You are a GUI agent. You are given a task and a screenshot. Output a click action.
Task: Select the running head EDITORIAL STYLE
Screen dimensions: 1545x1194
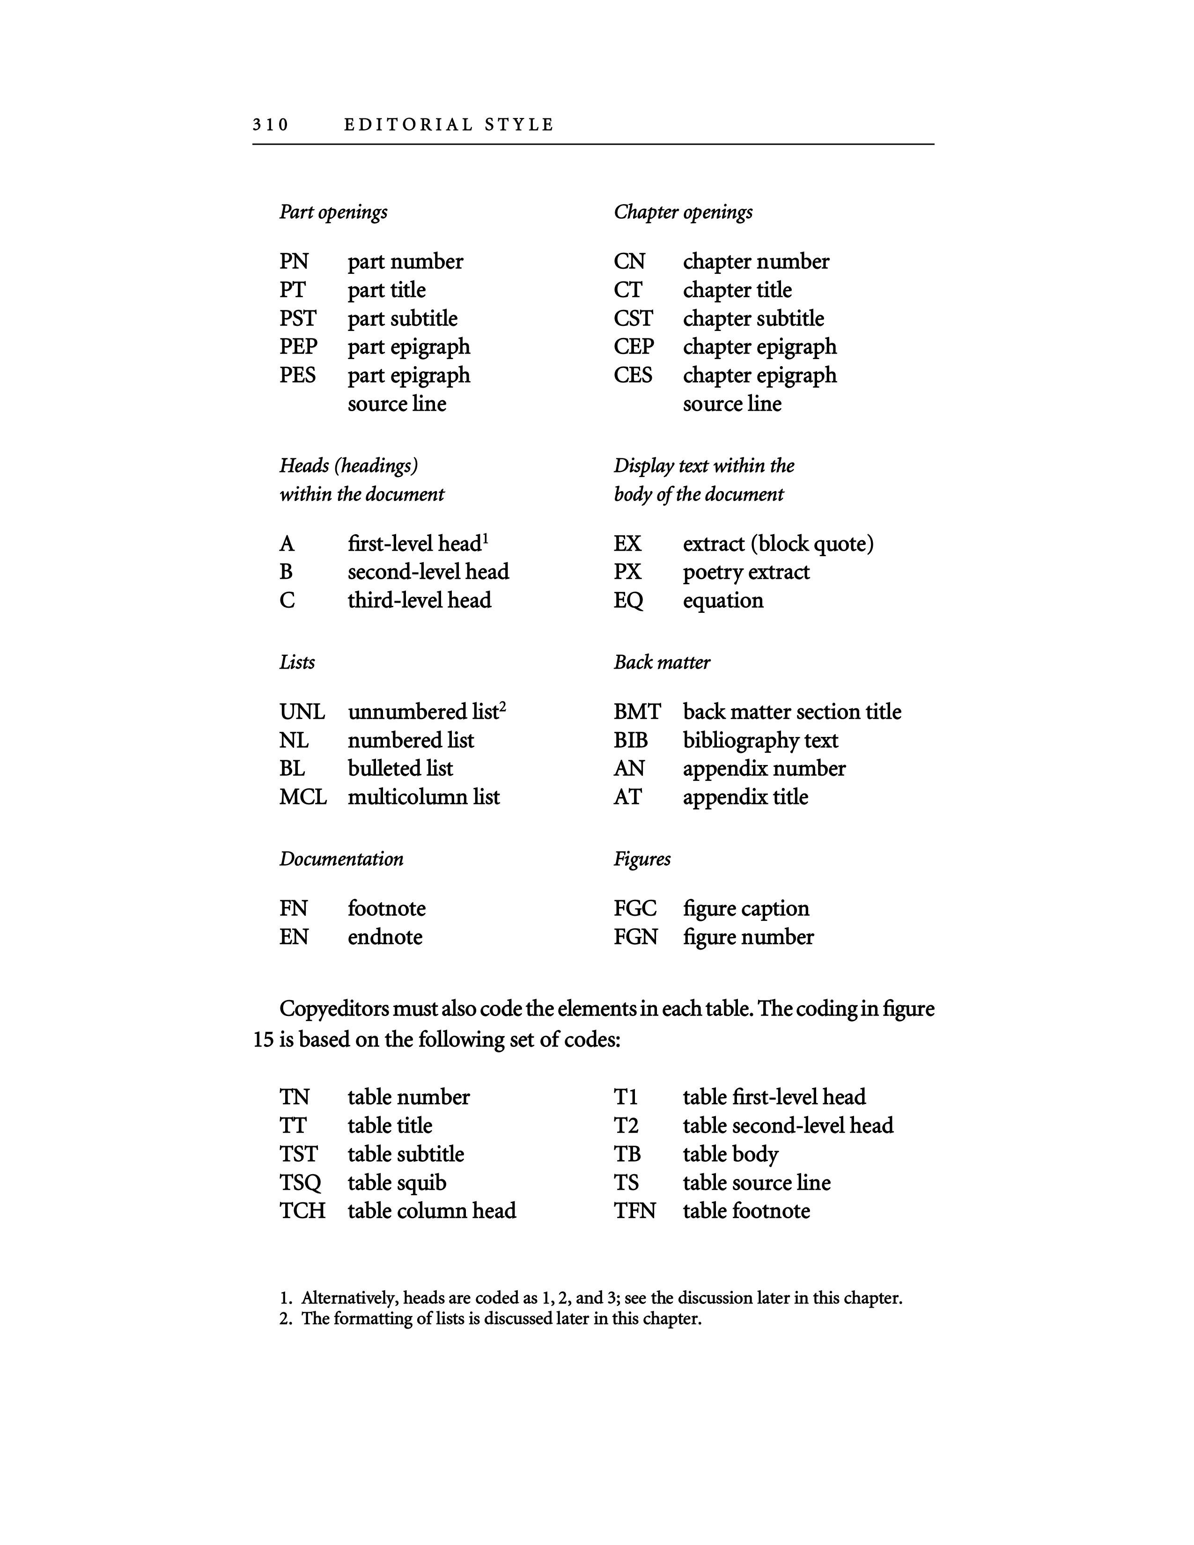449,125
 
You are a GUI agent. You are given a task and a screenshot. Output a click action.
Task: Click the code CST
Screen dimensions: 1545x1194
633,318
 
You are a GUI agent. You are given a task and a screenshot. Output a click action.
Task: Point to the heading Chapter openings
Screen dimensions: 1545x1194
683,212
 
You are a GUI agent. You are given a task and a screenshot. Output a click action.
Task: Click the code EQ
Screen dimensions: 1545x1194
628,601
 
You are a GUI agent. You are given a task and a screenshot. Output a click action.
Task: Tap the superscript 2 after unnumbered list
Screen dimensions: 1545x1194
502,706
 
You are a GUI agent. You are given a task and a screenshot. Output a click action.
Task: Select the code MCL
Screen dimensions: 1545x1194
303,797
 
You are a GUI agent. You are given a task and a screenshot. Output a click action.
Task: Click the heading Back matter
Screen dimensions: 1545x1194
661,662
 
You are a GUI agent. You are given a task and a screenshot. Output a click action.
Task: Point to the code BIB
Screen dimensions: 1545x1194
630,741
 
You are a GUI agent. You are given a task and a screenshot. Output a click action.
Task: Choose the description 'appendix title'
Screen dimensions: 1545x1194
745,797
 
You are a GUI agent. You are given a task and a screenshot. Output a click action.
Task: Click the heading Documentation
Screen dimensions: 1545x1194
341,859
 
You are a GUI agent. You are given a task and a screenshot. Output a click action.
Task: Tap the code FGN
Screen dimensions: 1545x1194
635,937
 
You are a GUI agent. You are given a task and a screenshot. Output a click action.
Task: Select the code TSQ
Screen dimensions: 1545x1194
300,1183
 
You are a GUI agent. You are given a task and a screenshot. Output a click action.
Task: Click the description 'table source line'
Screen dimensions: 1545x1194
756,1183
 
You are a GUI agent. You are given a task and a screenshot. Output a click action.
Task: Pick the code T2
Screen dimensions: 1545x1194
626,1126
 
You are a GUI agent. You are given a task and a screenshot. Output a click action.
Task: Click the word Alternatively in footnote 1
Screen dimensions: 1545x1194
348,1299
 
